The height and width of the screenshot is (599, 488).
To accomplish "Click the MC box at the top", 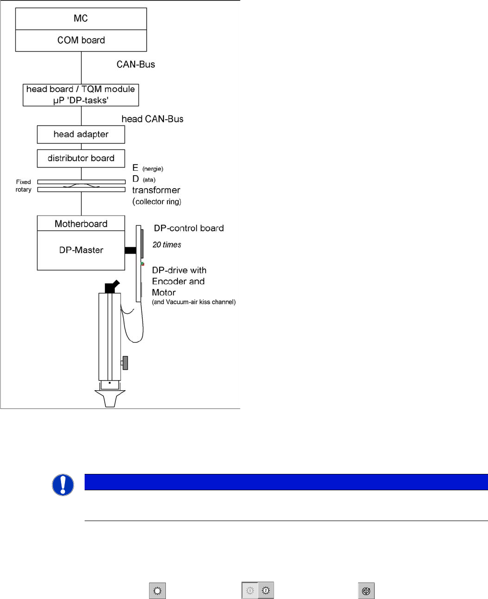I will [x=81, y=19].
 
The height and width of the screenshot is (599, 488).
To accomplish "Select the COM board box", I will [x=81, y=40].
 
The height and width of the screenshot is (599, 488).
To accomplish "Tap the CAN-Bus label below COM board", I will [x=136, y=64].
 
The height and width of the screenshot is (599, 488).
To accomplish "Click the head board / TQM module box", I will [x=81, y=95].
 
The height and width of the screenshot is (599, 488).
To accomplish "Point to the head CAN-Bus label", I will [x=152, y=119].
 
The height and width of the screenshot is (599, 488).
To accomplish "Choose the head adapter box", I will [x=81, y=134].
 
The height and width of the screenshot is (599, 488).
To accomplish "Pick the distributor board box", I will [x=81, y=158].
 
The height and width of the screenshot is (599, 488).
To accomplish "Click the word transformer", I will [x=156, y=190].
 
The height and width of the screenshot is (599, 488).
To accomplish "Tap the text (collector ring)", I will [x=157, y=202].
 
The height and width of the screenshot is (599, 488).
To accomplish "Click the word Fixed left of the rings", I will [x=23, y=182].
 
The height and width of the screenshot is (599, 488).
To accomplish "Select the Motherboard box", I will [x=81, y=224].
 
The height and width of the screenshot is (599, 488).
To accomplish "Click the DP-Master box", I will [x=81, y=250].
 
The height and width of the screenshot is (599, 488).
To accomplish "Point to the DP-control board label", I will [x=188, y=228].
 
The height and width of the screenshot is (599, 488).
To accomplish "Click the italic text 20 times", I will [x=166, y=244].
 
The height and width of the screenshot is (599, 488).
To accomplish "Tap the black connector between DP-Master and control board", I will [x=130, y=250].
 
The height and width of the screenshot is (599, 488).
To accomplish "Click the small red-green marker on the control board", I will [x=142, y=264].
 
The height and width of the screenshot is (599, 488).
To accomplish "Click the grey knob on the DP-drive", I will [x=125, y=363].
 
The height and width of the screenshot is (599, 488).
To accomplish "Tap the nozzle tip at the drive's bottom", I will [x=110, y=399].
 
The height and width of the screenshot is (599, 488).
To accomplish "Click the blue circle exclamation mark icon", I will [x=63, y=485].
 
